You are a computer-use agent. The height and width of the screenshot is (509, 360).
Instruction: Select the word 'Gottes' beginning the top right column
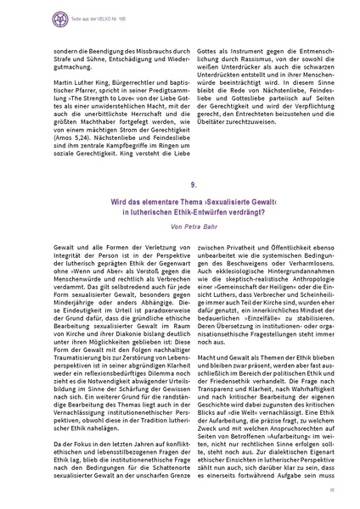[x=207, y=41]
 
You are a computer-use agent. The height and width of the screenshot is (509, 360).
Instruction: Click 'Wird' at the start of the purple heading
[x=118, y=223]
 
